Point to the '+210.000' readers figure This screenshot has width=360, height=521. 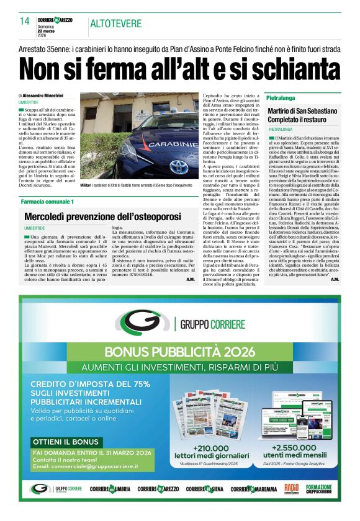coord(212,448)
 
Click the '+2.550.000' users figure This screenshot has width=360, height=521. coord(295,448)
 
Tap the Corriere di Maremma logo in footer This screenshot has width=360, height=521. coord(254,489)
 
